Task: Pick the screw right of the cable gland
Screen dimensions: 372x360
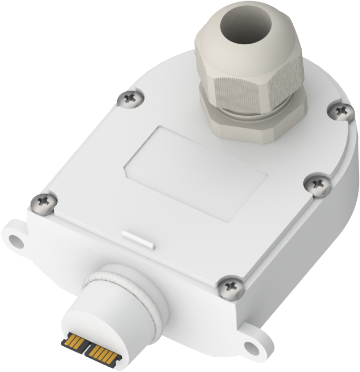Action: (x=343, y=111)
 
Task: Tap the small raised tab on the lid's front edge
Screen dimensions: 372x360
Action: (x=138, y=238)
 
